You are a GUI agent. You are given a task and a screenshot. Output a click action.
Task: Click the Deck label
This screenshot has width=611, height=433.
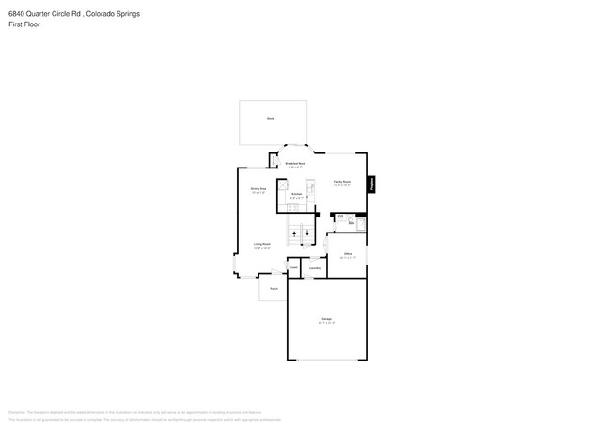click(270, 118)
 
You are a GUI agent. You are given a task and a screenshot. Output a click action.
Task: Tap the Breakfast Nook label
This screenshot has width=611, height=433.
click(295, 165)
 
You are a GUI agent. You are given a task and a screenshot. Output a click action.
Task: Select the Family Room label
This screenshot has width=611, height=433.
click(341, 182)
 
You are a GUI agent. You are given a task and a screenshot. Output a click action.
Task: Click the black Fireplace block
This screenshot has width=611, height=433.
click(372, 185)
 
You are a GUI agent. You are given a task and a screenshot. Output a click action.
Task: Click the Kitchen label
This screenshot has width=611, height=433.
click(296, 194)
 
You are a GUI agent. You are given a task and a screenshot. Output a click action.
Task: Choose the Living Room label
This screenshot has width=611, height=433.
click(261, 245)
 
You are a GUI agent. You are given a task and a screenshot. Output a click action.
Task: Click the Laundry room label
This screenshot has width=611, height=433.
click(314, 268)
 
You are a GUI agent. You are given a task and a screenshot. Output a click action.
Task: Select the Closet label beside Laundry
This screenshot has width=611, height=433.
click(293, 267)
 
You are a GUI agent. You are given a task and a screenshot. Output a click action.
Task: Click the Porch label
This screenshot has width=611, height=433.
click(274, 289)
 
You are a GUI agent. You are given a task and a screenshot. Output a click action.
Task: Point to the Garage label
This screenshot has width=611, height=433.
click(326, 320)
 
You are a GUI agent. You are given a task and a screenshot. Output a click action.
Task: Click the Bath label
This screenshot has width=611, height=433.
click(351, 224)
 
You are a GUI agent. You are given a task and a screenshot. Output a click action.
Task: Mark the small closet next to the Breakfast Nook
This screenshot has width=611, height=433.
click(274, 160)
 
